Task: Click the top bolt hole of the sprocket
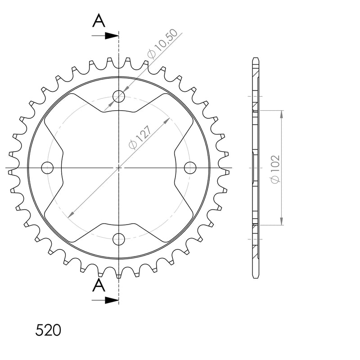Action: click(119, 96)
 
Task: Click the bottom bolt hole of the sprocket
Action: click(119, 239)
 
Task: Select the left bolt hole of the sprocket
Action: click(47, 167)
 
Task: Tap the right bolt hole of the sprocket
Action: click(190, 167)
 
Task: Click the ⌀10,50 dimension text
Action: click(162, 44)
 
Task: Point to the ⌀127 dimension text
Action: click(140, 137)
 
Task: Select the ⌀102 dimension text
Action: click(275, 169)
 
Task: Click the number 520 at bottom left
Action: click(48, 330)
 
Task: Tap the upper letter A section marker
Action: click(99, 20)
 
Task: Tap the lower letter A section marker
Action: click(99, 285)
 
